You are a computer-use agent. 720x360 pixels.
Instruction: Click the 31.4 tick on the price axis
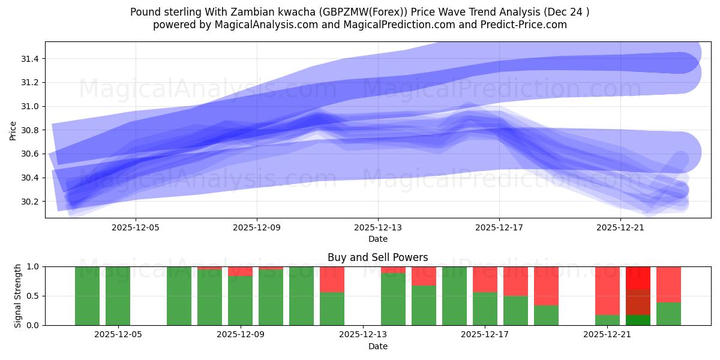point(30,59)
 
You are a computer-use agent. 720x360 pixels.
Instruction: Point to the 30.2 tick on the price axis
point(30,202)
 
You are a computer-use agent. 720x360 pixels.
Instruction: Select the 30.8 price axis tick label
point(30,130)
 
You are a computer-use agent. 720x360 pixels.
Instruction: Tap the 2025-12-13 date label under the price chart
point(378,228)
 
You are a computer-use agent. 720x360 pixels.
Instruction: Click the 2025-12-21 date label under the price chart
point(620,228)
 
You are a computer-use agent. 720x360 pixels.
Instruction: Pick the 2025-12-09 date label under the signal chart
point(241,335)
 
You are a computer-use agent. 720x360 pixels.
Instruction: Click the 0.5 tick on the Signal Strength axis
point(32,296)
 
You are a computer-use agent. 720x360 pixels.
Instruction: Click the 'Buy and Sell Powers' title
point(377,258)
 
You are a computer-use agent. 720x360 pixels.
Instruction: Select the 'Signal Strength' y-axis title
point(18,296)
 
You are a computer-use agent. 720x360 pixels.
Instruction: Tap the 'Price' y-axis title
point(13,130)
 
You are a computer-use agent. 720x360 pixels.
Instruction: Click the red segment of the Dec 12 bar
point(332,279)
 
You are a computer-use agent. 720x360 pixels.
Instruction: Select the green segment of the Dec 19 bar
point(546,315)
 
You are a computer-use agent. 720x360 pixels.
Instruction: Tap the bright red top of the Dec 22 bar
point(638,277)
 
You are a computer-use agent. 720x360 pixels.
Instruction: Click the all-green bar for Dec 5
point(118,296)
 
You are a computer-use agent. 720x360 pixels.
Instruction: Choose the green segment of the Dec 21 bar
point(607,320)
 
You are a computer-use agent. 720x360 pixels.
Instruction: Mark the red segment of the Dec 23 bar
point(668,284)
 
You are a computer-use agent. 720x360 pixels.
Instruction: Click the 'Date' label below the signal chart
point(377,346)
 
